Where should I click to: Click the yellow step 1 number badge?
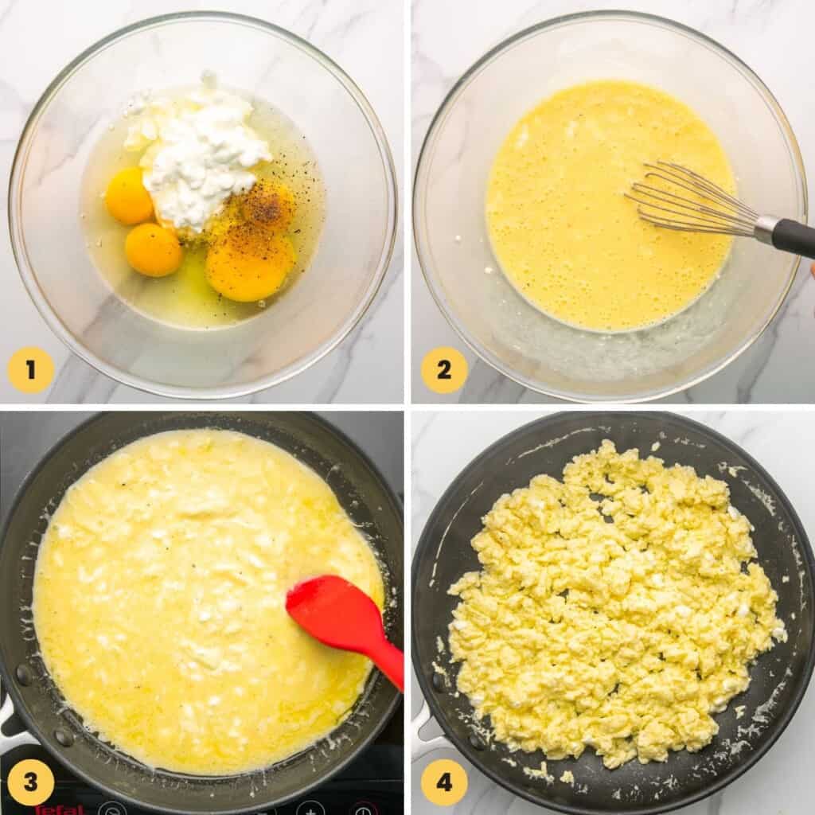tap(30, 370)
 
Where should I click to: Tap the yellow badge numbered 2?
tap(443, 370)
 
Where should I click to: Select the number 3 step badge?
tap(30, 782)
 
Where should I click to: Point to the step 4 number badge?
tap(443, 782)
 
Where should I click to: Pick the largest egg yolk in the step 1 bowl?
tap(249, 263)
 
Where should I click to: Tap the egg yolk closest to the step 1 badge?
tap(153, 249)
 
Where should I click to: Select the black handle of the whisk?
tap(796, 238)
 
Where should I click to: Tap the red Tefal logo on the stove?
tap(60, 809)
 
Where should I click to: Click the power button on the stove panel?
tap(363, 809)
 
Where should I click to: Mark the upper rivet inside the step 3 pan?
tap(24, 675)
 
